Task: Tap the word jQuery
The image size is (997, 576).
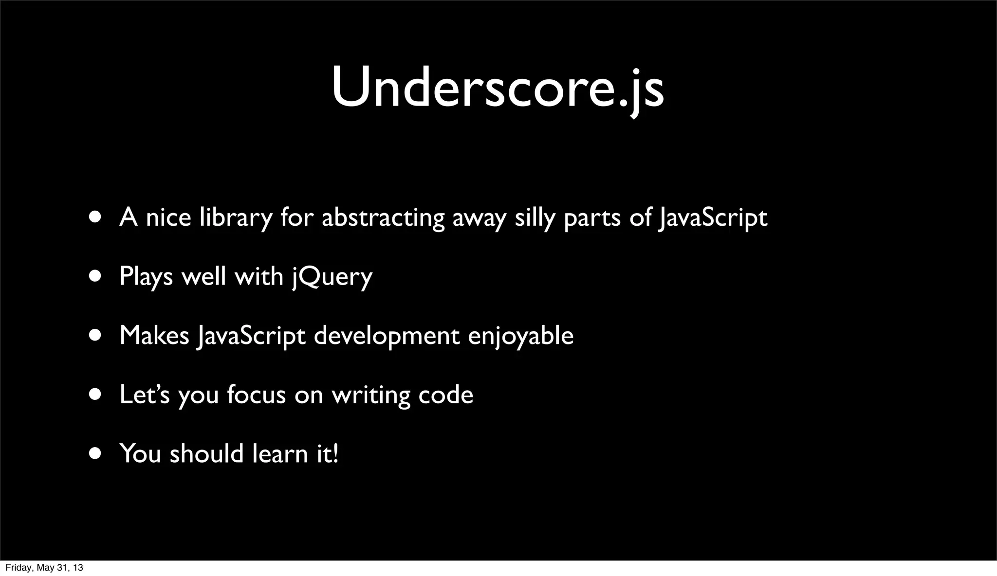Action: (x=332, y=277)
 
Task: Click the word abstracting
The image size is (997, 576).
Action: (x=383, y=217)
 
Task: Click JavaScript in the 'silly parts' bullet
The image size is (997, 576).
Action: (x=712, y=217)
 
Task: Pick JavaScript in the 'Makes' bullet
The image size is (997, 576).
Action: (x=251, y=336)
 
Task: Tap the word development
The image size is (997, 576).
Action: (x=387, y=336)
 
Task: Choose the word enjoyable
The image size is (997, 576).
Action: (x=520, y=336)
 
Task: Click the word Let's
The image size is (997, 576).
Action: (x=144, y=395)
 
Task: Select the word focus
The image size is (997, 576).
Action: (x=256, y=395)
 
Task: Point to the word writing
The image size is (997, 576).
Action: (x=371, y=395)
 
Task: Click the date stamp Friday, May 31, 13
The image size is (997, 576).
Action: (x=44, y=568)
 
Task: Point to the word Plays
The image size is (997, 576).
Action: (x=146, y=277)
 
